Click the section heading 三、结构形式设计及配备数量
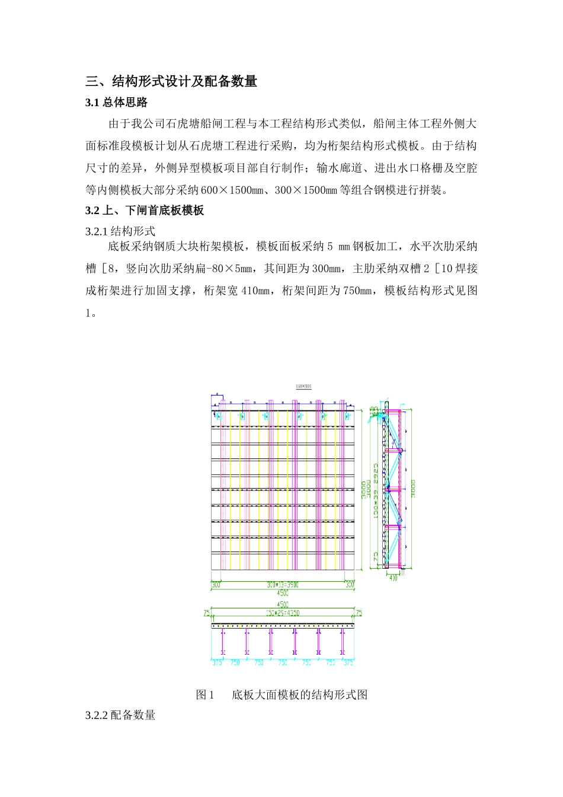tap(171, 81)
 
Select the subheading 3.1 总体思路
tap(116, 103)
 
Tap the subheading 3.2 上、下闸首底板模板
tap(145, 210)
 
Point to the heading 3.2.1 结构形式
tap(120, 231)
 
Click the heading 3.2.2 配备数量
tap(120, 715)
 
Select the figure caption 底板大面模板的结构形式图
tap(299, 694)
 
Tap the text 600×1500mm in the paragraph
tap(233, 190)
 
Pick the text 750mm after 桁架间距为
tap(359, 291)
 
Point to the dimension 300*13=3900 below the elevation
tap(283, 585)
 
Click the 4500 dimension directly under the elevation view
tap(283, 592)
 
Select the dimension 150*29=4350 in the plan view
tap(283, 613)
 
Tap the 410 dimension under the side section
tap(393, 576)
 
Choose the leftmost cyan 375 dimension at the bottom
tap(217, 662)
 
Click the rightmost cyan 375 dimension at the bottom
tap(348, 662)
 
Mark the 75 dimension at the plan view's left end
tap(207, 613)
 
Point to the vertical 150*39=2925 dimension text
tap(376, 492)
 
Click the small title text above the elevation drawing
tap(303, 387)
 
